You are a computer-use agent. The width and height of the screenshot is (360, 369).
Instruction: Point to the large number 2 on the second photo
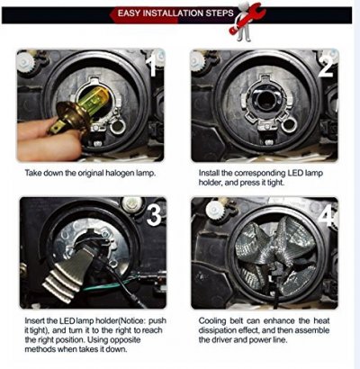326,66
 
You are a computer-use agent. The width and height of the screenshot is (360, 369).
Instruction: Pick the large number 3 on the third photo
154,215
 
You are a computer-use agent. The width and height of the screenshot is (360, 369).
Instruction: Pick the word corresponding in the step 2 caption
260,174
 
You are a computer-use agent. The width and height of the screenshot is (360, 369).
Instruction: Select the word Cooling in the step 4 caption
212,321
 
